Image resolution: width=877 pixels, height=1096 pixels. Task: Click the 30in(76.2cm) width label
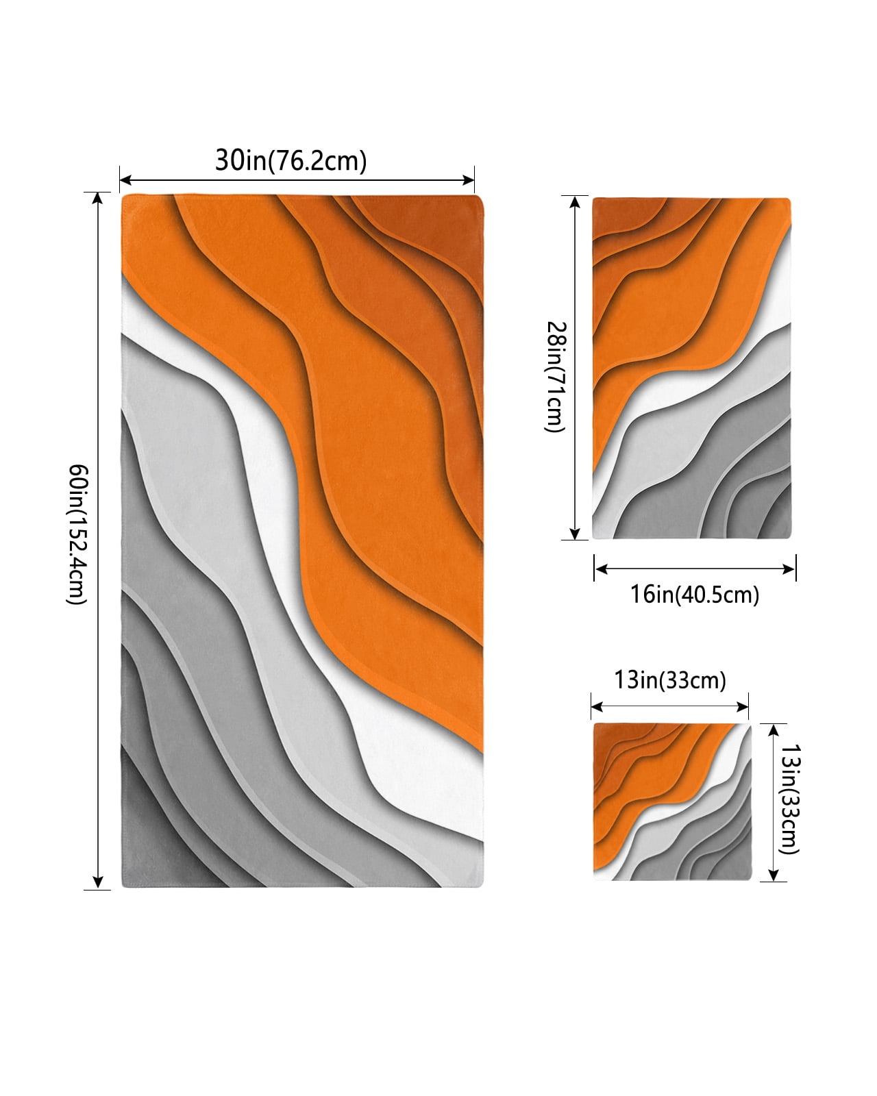click(x=291, y=160)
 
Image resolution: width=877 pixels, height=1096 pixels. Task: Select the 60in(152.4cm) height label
click(x=78, y=534)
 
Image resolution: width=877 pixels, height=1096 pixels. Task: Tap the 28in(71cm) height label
click(x=556, y=376)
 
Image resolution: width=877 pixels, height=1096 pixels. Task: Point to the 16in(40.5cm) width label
click(x=695, y=595)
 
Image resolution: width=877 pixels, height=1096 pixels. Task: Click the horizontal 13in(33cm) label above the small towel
click(x=669, y=680)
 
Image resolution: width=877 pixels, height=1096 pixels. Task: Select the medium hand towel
click(x=691, y=368)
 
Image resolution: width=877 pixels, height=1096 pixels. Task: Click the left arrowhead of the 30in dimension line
click(x=125, y=179)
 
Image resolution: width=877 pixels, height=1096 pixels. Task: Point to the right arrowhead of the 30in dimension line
click(x=469, y=179)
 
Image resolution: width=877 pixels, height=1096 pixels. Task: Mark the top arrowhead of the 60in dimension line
click(x=97, y=198)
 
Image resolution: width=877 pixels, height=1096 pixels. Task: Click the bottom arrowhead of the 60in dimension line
click(x=97, y=882)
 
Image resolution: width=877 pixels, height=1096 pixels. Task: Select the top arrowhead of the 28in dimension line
click(x=575, y=201)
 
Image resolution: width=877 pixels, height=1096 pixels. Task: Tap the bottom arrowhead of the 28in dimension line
click(x=575, y=534)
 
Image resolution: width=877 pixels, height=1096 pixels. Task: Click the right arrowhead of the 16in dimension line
click(x=789, y=569)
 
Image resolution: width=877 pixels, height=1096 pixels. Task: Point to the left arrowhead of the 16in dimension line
click(x=600, y=569)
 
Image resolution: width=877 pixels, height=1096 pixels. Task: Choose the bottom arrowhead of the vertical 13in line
click(x=774, y=875)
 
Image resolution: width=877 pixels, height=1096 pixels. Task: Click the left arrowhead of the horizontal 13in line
click(x=597, y=707)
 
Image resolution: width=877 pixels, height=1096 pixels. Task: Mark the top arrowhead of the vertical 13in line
click(x=774, y=730)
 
